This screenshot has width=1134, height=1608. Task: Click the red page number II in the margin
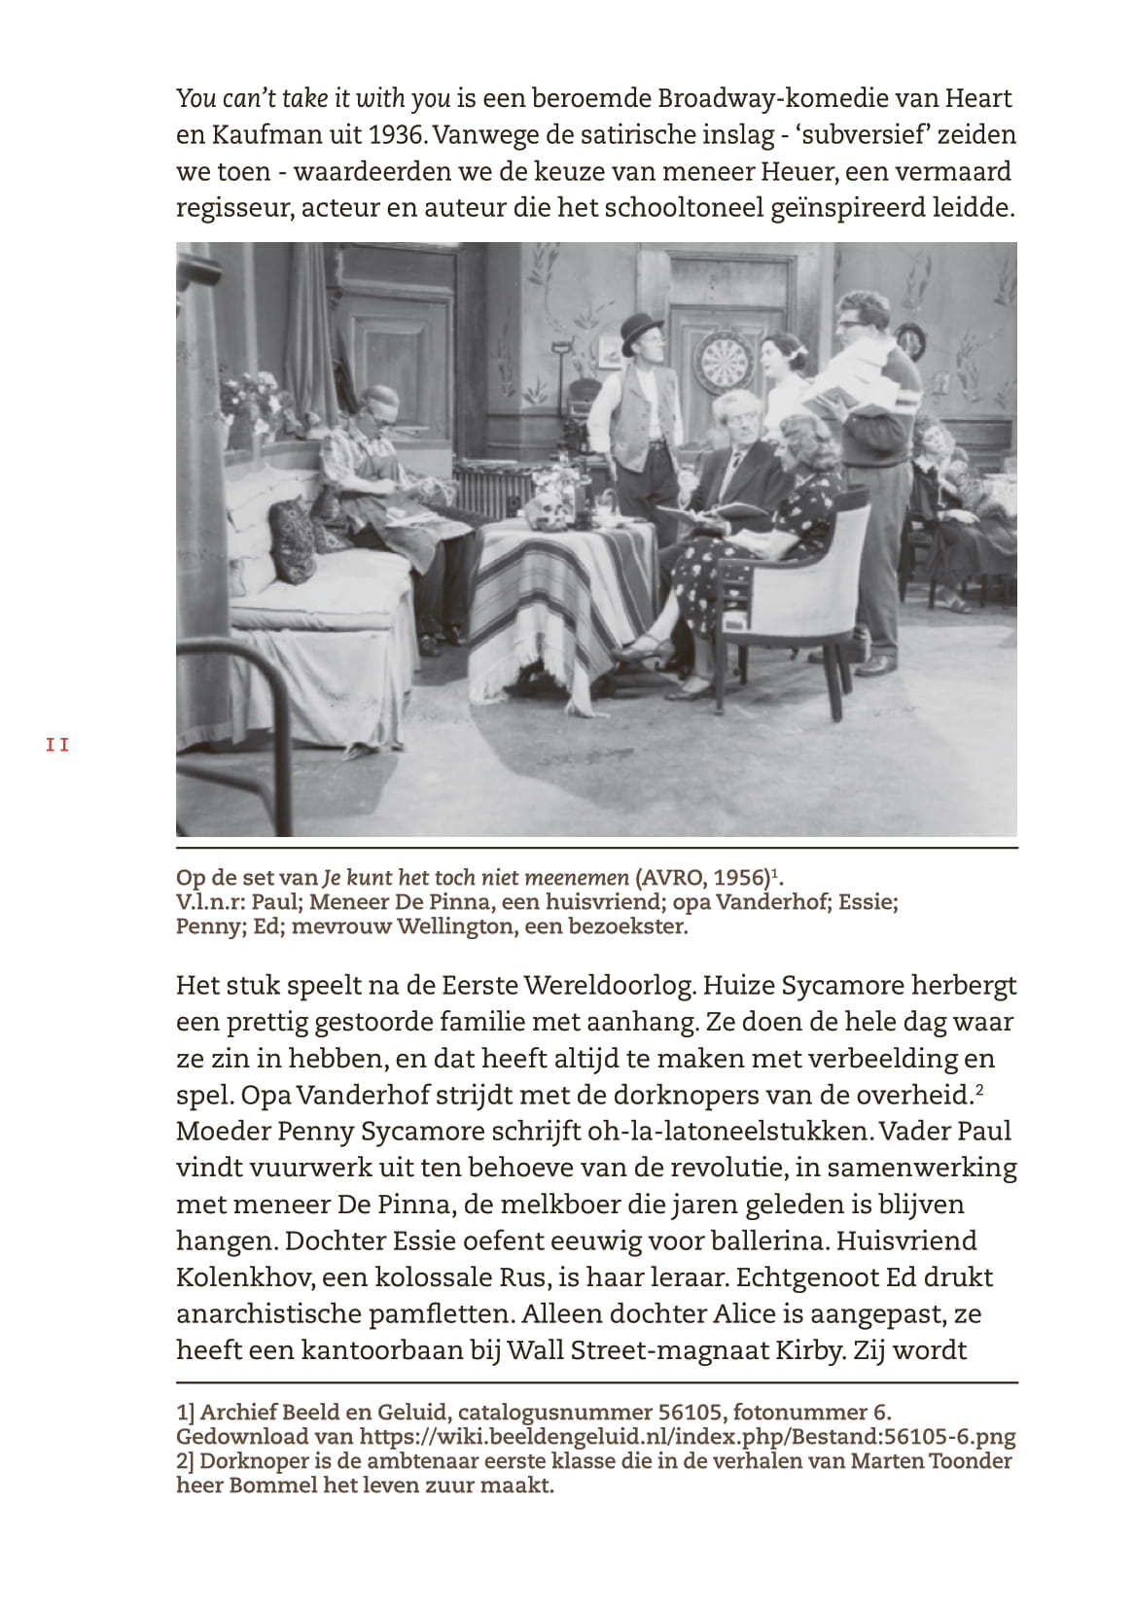57,746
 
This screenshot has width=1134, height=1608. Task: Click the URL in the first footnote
688,1437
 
